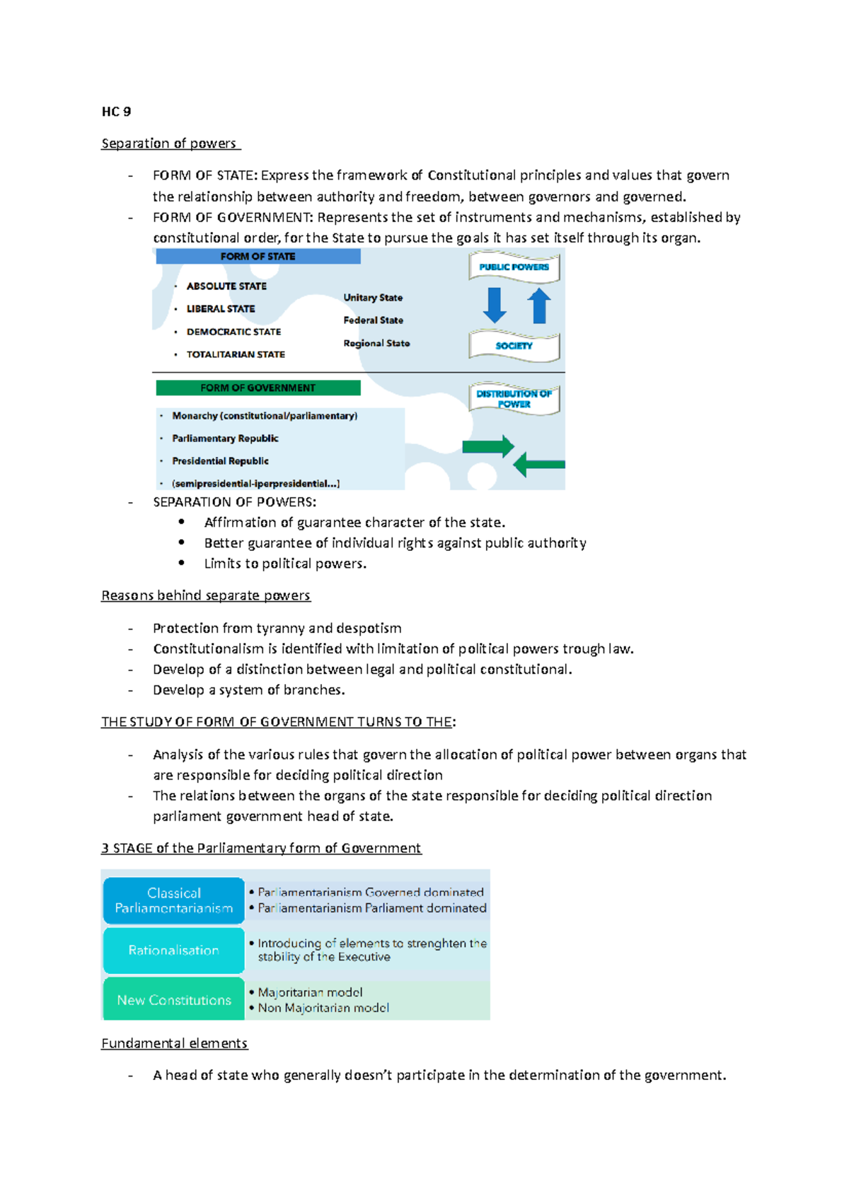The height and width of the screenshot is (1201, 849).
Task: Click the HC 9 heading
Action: [x=116, y=111]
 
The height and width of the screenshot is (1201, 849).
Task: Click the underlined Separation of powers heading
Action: [x=169, y=144]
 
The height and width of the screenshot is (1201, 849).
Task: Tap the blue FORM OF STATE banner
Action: [x=258, y=256]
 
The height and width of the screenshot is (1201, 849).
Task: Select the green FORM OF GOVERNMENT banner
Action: [x=258, y=388]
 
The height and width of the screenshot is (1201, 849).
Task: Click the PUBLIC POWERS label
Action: [x=514, y=267]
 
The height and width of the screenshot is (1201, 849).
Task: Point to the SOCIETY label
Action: [x=514, y=346]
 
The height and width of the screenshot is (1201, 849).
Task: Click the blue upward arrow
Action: [x=539, y=306]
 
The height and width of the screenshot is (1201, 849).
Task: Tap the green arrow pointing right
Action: [x=487, y=446]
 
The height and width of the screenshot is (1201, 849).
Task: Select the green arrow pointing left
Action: [x=538, y=465]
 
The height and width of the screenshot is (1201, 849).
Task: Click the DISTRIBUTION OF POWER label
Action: [x=514, y=399]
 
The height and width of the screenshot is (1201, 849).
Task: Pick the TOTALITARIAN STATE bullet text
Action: [x=236, y=354]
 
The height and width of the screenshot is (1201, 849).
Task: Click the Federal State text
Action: [x=373, y=320]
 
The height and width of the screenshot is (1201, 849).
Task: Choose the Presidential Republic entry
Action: [x=220, y=461]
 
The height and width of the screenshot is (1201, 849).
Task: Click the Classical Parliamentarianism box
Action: [x=174, y=900]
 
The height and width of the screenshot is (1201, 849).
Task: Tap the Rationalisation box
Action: [x=174, y=951]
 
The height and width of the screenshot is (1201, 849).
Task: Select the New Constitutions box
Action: [x=174, y=1000]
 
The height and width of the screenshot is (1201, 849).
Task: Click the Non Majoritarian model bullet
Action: [x=323, y=1008]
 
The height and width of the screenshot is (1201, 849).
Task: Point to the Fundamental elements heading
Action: [x=174, y=1043]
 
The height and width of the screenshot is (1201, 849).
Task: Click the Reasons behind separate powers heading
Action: [x=206, y=596]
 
